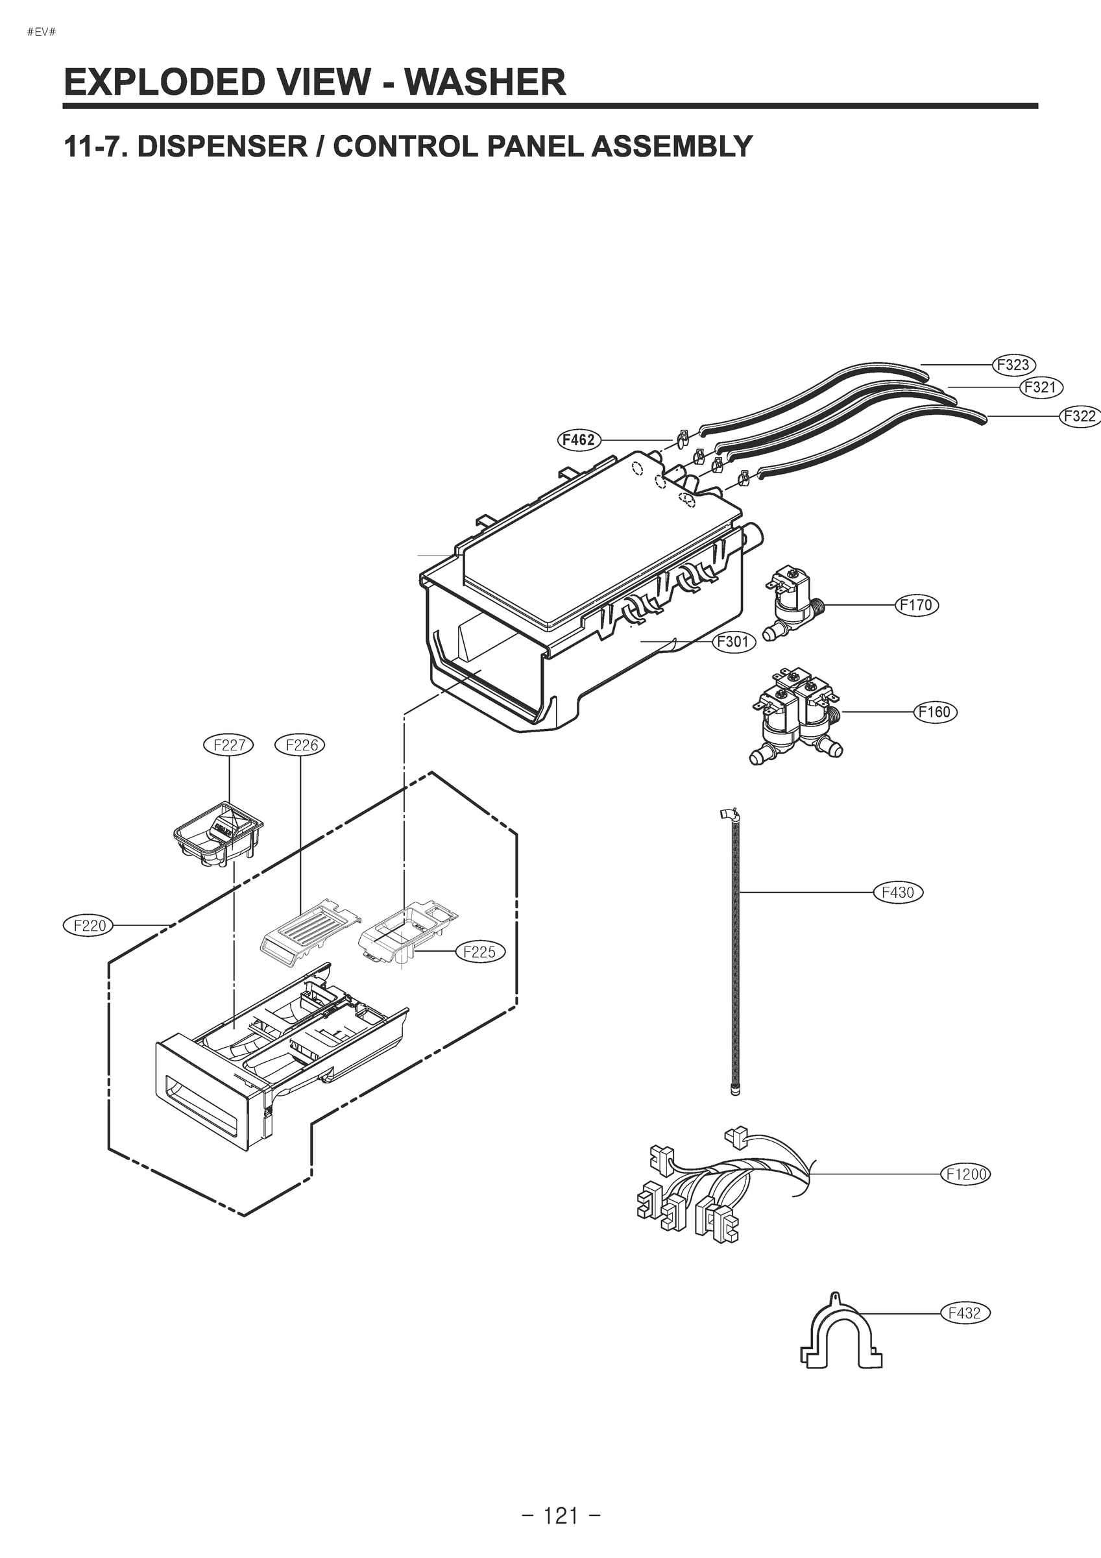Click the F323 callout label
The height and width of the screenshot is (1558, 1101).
point(1013,364)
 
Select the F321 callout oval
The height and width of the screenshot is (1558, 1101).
point(1041,388)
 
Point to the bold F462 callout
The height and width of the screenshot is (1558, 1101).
point(579,439)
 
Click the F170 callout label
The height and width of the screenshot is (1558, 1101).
point(917,604)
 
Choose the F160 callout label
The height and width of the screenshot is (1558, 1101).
point(935,712)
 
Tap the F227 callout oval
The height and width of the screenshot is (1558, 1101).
point(228,745)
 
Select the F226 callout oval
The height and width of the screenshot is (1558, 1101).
point(300,745)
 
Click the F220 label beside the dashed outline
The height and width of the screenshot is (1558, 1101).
point(89,925)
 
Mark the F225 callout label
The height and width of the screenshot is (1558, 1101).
point(479,952)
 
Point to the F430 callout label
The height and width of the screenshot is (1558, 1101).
point(897,893)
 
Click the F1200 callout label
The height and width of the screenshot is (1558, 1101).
point(965,1173)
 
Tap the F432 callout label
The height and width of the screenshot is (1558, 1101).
point(965,1313)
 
